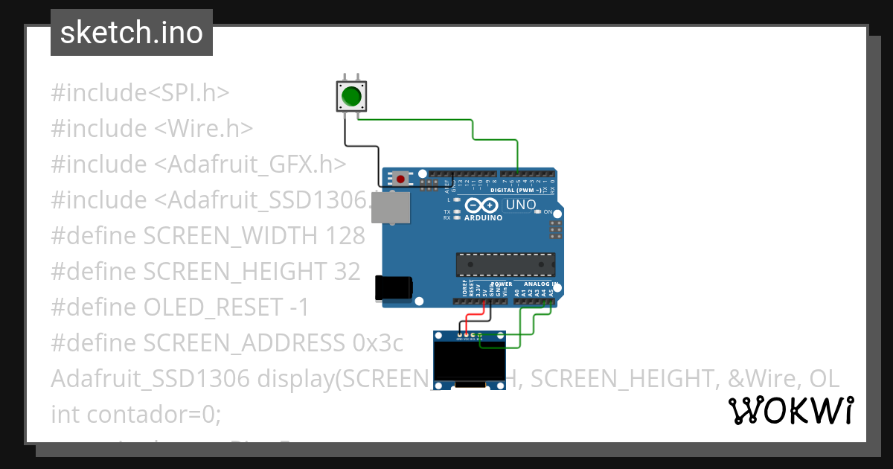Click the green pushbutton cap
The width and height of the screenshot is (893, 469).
coord(351,97)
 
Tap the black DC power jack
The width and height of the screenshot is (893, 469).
coord(393,288)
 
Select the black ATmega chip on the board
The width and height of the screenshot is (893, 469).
coord(505,264)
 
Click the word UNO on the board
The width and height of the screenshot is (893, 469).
coord(521,205)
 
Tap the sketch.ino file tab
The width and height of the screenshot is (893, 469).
coord(132,33)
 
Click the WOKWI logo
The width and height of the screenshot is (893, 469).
coord(790,410)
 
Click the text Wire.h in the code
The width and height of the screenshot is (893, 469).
coord(210,129)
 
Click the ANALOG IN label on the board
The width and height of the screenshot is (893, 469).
coord(537,284)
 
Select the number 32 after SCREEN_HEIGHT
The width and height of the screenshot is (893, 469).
coord(347,272)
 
